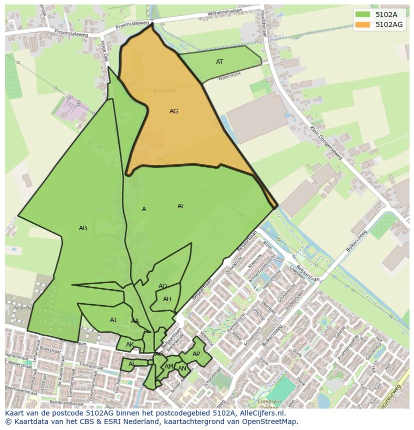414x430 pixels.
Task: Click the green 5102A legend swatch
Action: (x=363, y=14)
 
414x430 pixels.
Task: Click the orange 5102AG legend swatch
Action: (x=363, y=24)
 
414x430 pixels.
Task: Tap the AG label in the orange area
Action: (x=173, y=111)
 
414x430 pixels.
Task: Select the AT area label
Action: (x=219, y=62)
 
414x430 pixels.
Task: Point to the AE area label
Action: (x=181, y=206)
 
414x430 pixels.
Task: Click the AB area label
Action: (x=83, y=228)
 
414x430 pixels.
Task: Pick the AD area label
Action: (x=162, y=286)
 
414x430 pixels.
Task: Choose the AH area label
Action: (x=167, y=299)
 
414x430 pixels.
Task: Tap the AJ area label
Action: (x=113, y=320)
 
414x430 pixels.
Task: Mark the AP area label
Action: (x=196, y=354)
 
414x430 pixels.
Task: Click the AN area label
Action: (x=182, y=369)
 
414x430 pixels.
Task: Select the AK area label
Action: (x=129, y=345)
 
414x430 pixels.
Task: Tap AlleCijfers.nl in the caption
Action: (x=260, y=413)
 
